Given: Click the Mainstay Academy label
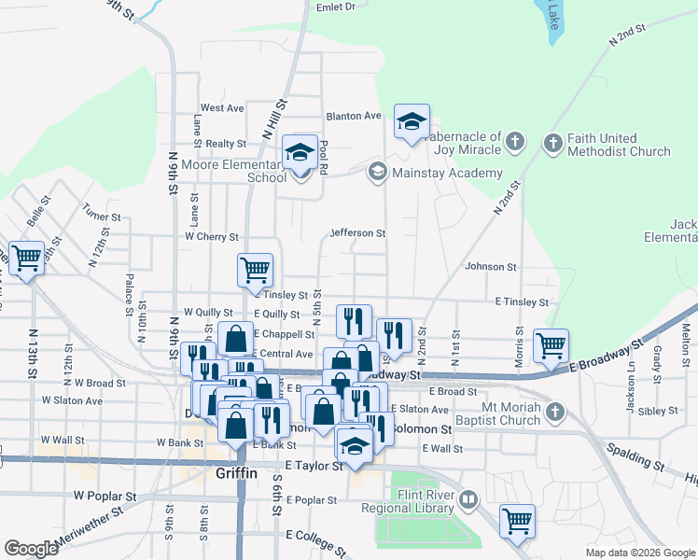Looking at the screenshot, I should click(x=447, y=173).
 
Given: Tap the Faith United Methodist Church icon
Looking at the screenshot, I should click(x=551, y=143).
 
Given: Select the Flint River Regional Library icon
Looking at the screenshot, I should click(x=468, y=501).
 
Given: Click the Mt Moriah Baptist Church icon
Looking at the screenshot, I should click(x=555, y=412).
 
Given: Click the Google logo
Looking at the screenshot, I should click(x=31, y=549).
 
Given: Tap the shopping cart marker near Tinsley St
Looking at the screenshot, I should click(x=255, y=270).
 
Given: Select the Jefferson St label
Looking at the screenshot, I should click(x=357, y=232).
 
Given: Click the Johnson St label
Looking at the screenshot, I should click(x=491, y=267).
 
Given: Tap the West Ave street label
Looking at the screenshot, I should click(x=222, y=108).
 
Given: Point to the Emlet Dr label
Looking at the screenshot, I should click(x=337, y=7).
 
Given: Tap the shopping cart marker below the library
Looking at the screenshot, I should click(x=516, y=522).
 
